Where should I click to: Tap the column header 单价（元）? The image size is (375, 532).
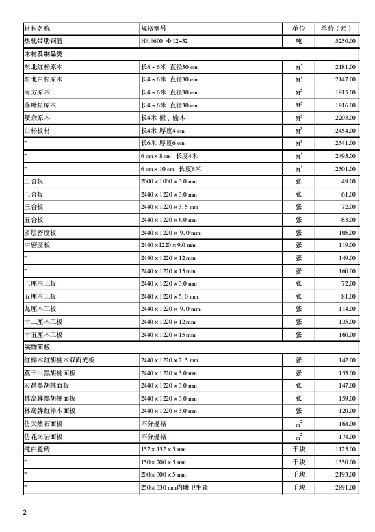pos(335,29)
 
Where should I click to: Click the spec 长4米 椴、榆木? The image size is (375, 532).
pos(167,118)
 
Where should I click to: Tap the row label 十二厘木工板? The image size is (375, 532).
pos(43,322)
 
